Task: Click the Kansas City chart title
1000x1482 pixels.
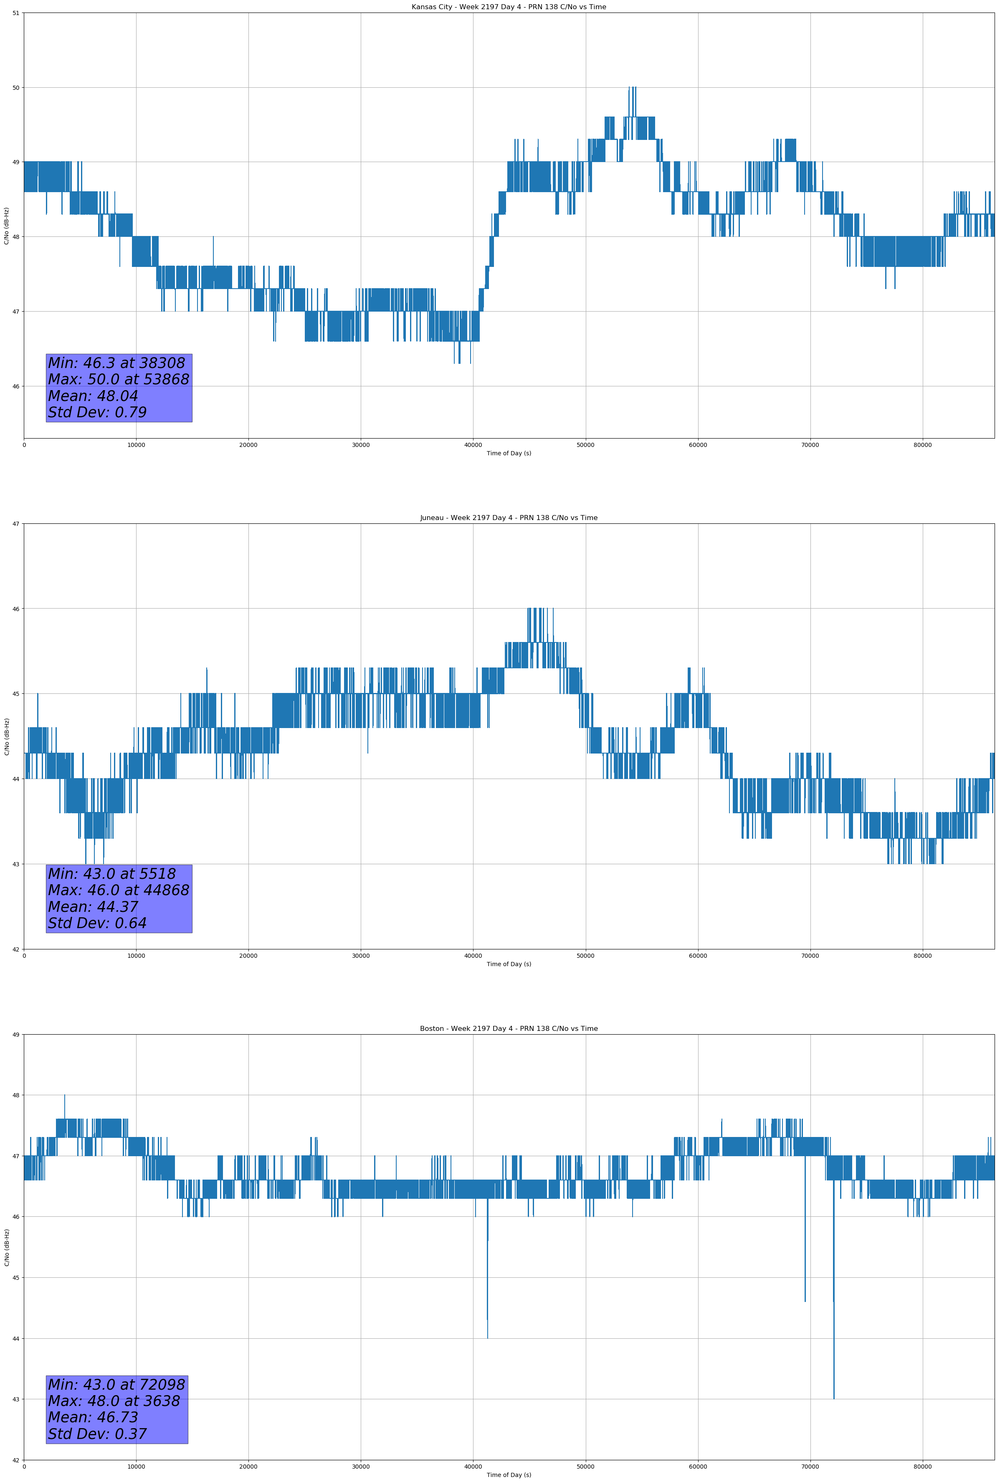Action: [x=509, y=7]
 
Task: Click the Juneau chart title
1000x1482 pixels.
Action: [x=509, y=518]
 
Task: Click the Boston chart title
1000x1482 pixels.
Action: [x=509, y=1029]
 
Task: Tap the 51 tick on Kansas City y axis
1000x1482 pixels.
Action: [x=16, y=13]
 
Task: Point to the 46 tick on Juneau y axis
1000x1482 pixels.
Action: [x=16, y=608]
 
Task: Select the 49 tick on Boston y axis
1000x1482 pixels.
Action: [x=16, y=1034]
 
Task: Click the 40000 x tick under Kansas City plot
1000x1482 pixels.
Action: [x=473, y=445]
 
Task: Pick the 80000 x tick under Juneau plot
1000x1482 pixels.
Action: [x=922, y=956]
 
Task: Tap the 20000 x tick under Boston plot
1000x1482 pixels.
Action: [x=248, y=1467]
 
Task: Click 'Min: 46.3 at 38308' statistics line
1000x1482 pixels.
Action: [x=116, y=363]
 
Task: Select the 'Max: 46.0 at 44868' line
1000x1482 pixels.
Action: [x=119, y=890]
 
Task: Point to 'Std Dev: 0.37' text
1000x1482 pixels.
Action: [x=98, y=1434]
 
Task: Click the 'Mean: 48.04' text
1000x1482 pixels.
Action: [x=93, y=396]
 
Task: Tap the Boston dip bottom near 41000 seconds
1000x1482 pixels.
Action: [x=488, y=1338]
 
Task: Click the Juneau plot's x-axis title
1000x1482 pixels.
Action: [x=509, y=964]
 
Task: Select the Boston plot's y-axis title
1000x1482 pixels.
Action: [x=7, y=1247]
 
